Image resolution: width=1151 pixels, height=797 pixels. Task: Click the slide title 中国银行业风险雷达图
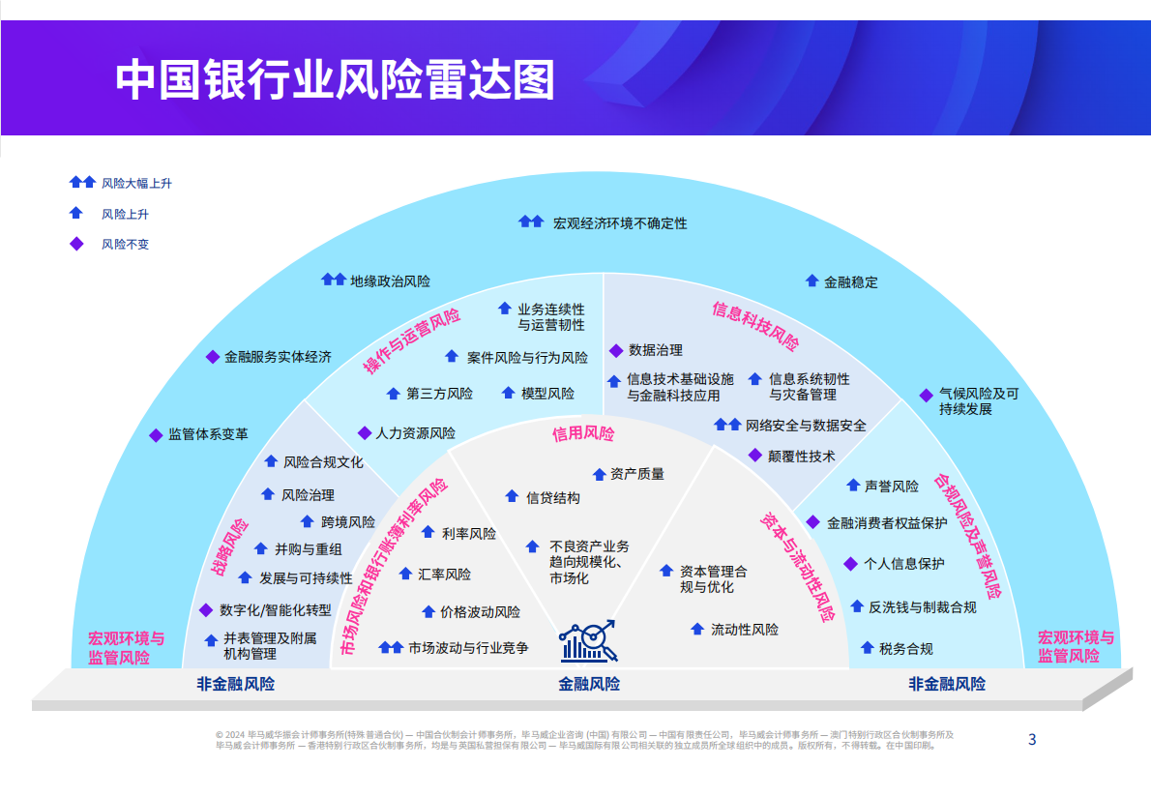tap(335, 80)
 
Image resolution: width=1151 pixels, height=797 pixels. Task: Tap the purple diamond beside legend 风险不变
tap(76, 244)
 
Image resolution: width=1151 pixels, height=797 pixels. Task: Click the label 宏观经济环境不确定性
tap(620, 223)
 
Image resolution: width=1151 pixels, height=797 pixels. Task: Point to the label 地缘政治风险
tap(391, 281)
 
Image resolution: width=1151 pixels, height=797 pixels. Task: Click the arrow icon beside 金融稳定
tap(812, 281)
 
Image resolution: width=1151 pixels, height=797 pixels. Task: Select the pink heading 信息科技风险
tap(755, 326)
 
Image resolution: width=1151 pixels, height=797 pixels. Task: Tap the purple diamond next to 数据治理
tap(615, 350)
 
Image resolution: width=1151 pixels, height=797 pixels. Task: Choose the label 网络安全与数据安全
tap(806, 426)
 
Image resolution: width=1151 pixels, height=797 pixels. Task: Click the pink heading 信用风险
tap(583, 434)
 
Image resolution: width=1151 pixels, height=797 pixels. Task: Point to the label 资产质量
tap(637, 474)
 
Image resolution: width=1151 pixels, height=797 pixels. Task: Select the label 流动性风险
tap(745, 630)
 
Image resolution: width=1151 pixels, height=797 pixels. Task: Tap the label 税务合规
tap(906, 649)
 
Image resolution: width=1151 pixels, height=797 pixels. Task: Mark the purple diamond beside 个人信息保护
tap(850, 563)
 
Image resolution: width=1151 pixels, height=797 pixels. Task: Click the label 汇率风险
tap(445, 575)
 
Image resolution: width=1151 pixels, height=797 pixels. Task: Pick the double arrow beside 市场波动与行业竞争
tap(391, 648)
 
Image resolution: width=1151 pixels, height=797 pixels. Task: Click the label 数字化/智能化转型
tap(276, 610)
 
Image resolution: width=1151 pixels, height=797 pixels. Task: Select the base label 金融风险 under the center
tap(588, 685)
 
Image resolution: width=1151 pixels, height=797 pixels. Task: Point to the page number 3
tap(1031, 740)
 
